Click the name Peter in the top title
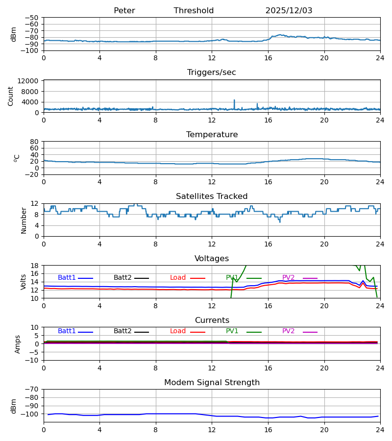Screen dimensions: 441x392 (x=124, y=11)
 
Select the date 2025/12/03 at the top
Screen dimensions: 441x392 (x=289, y=11)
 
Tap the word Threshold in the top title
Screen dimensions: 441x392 (x=194, y=11)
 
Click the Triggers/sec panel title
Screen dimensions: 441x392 (x=212, y=73)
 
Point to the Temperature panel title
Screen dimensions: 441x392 (x=212, y=135)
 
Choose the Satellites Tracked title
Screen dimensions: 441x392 (x=212, y=196)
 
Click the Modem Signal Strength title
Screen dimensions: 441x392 (x=212, y=383)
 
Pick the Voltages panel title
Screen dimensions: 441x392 (x=212, y=259)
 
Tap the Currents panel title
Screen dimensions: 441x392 (x=212, y=320)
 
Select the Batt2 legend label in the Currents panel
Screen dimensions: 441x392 (x=123, y=331)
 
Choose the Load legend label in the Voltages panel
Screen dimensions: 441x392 (x=178, y=278)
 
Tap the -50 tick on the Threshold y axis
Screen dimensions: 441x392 (x=34, y=18)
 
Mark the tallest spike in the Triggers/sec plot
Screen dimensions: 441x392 (x=234, y=100)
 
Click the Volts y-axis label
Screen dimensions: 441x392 (x=24, y=282)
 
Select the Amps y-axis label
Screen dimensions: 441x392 (x=18, y=344)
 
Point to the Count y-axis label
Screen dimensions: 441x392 (x=11, y=96)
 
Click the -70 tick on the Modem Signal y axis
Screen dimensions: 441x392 (x=34, y=389)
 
